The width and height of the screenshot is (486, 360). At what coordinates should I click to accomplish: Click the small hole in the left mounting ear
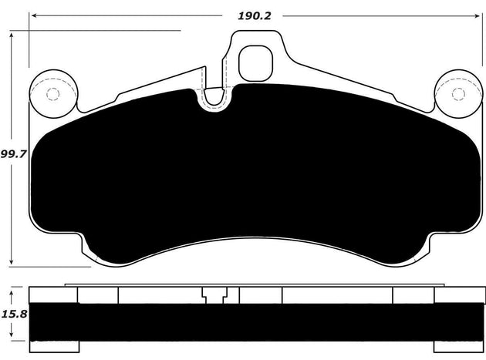[52, 95]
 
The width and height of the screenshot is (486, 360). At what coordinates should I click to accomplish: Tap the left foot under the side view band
[47, 343]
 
